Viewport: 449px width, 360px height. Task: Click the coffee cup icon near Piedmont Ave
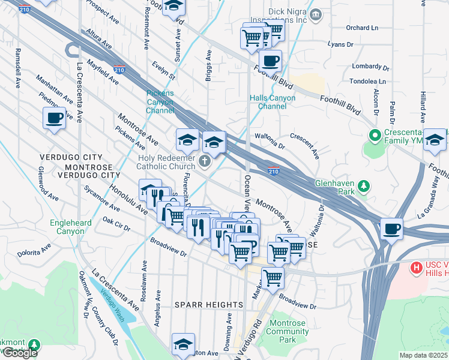tap(54, 117)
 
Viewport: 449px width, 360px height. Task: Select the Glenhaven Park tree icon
tap(363, 185)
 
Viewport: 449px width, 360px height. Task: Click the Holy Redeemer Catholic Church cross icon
tap(205, 161)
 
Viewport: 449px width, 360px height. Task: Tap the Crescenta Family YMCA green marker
tap(375, 136)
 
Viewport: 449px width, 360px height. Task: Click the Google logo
tap(20, 353)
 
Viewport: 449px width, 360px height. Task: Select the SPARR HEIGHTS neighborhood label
tap(202, 305)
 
